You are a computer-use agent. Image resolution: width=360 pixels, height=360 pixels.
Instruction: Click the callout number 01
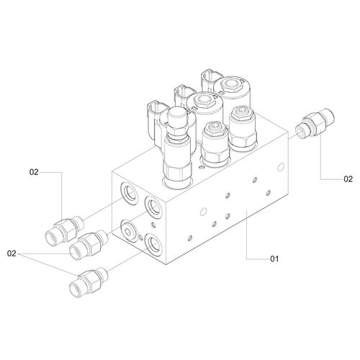tap(274, 258)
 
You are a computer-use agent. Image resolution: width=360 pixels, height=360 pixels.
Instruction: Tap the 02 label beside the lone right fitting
tap(348, 179)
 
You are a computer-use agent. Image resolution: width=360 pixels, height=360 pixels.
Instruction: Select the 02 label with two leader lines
tap(12, 253)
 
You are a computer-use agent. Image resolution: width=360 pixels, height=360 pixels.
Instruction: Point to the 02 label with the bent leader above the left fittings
tap(34, 172)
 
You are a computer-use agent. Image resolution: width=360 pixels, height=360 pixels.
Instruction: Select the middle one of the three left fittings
tap(89, 245)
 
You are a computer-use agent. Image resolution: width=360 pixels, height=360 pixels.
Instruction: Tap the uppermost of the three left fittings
tap(64, 228)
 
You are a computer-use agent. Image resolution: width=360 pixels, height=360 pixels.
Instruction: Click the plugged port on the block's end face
tap(130, 230)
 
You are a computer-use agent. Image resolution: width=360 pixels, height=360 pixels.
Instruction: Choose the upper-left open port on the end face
tap(130, 194)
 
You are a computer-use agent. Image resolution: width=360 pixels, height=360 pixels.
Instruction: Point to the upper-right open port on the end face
tap(155, 207)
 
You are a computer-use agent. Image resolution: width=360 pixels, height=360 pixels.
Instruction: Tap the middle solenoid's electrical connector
tap(184, 95)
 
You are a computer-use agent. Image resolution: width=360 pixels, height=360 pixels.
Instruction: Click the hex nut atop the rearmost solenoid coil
tap(230, 85)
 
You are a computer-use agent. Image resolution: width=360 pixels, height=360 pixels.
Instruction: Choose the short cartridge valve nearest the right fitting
tap(243, 128)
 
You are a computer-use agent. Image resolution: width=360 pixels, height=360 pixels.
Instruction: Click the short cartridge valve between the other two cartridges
tap(215, 143)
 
